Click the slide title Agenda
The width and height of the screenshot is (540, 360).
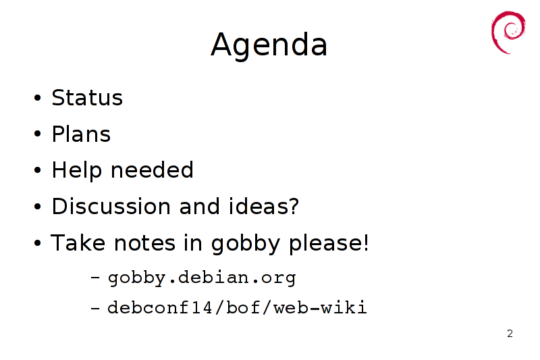[x=269, y=45]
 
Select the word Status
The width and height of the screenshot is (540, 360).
[x=87, y=97]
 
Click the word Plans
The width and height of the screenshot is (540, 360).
[x=81, y=134]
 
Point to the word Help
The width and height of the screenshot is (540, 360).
[x=77, y=170]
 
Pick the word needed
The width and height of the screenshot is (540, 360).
[x=152, y=170]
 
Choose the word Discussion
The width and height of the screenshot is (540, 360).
[x=111, y=207]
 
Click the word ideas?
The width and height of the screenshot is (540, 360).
[x=264, y=207]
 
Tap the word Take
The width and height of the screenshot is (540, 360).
[x=78, y=242]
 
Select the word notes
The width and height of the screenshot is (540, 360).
[x=144, y=243]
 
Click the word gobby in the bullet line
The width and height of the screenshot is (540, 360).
[x=246, y=244]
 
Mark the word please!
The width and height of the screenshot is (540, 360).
[x=329, y=244]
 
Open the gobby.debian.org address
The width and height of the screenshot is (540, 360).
[x=202, y=278]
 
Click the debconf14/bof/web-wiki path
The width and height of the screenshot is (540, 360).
[x=237, y=307]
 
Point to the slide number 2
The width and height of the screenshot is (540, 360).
[x=510, y=334]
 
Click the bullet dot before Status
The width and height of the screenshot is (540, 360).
[x=38, y=97]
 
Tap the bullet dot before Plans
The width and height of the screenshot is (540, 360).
[x=38, y=134]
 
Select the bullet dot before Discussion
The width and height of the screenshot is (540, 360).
[x=38, y=207]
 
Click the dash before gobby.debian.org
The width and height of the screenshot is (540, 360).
[x=95, y=278]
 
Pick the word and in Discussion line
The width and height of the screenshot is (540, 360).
[x=200, y=207]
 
